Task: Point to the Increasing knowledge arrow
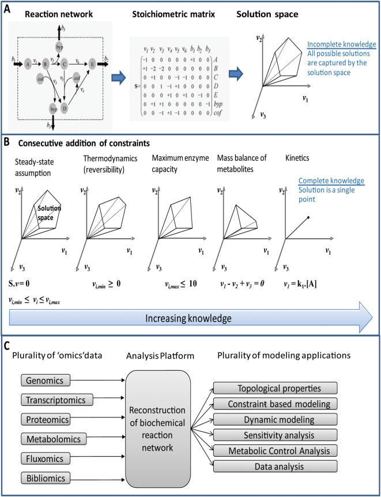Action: pyautogui.click(x=190, y=318)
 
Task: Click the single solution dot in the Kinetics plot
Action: pyautogui.click(x=308, y=217)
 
